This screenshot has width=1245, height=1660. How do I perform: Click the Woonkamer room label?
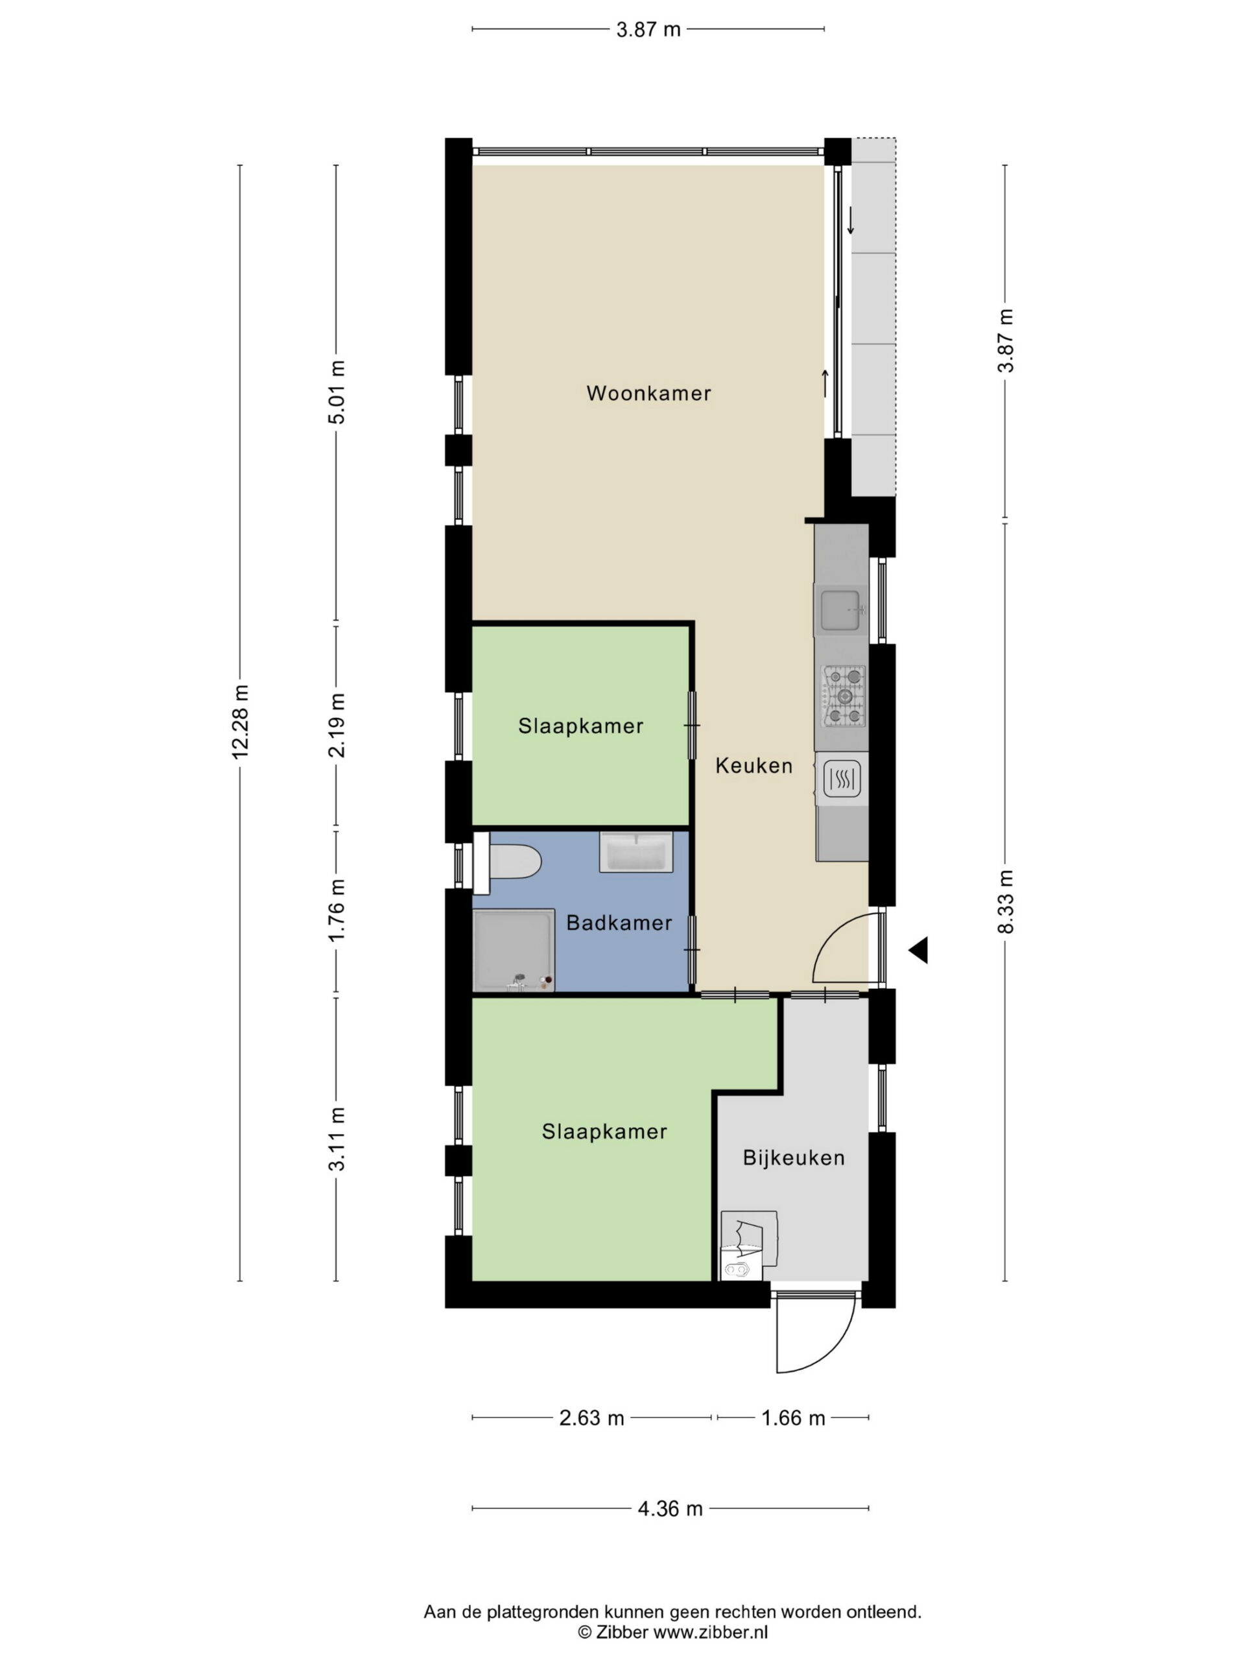pos(648,393)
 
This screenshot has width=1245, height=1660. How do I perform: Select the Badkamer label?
pos(619,923)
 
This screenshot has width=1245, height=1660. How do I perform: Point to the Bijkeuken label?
pos(794,1158)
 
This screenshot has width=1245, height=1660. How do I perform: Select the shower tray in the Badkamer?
pos(514,950)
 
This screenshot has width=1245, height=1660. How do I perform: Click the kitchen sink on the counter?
pos(840,611)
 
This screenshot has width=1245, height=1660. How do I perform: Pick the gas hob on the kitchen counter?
pos(845,696)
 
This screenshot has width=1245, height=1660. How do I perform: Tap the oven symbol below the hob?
pos(842,779)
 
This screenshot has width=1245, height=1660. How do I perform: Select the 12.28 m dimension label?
pos(240,721)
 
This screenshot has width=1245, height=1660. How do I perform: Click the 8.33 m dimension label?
pos(1006,902)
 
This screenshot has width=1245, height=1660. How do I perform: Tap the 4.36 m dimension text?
pos(670,1508)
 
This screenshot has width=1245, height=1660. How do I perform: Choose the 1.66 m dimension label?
pos(793,1417)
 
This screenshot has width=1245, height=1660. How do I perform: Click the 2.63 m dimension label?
pos(592,1417)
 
